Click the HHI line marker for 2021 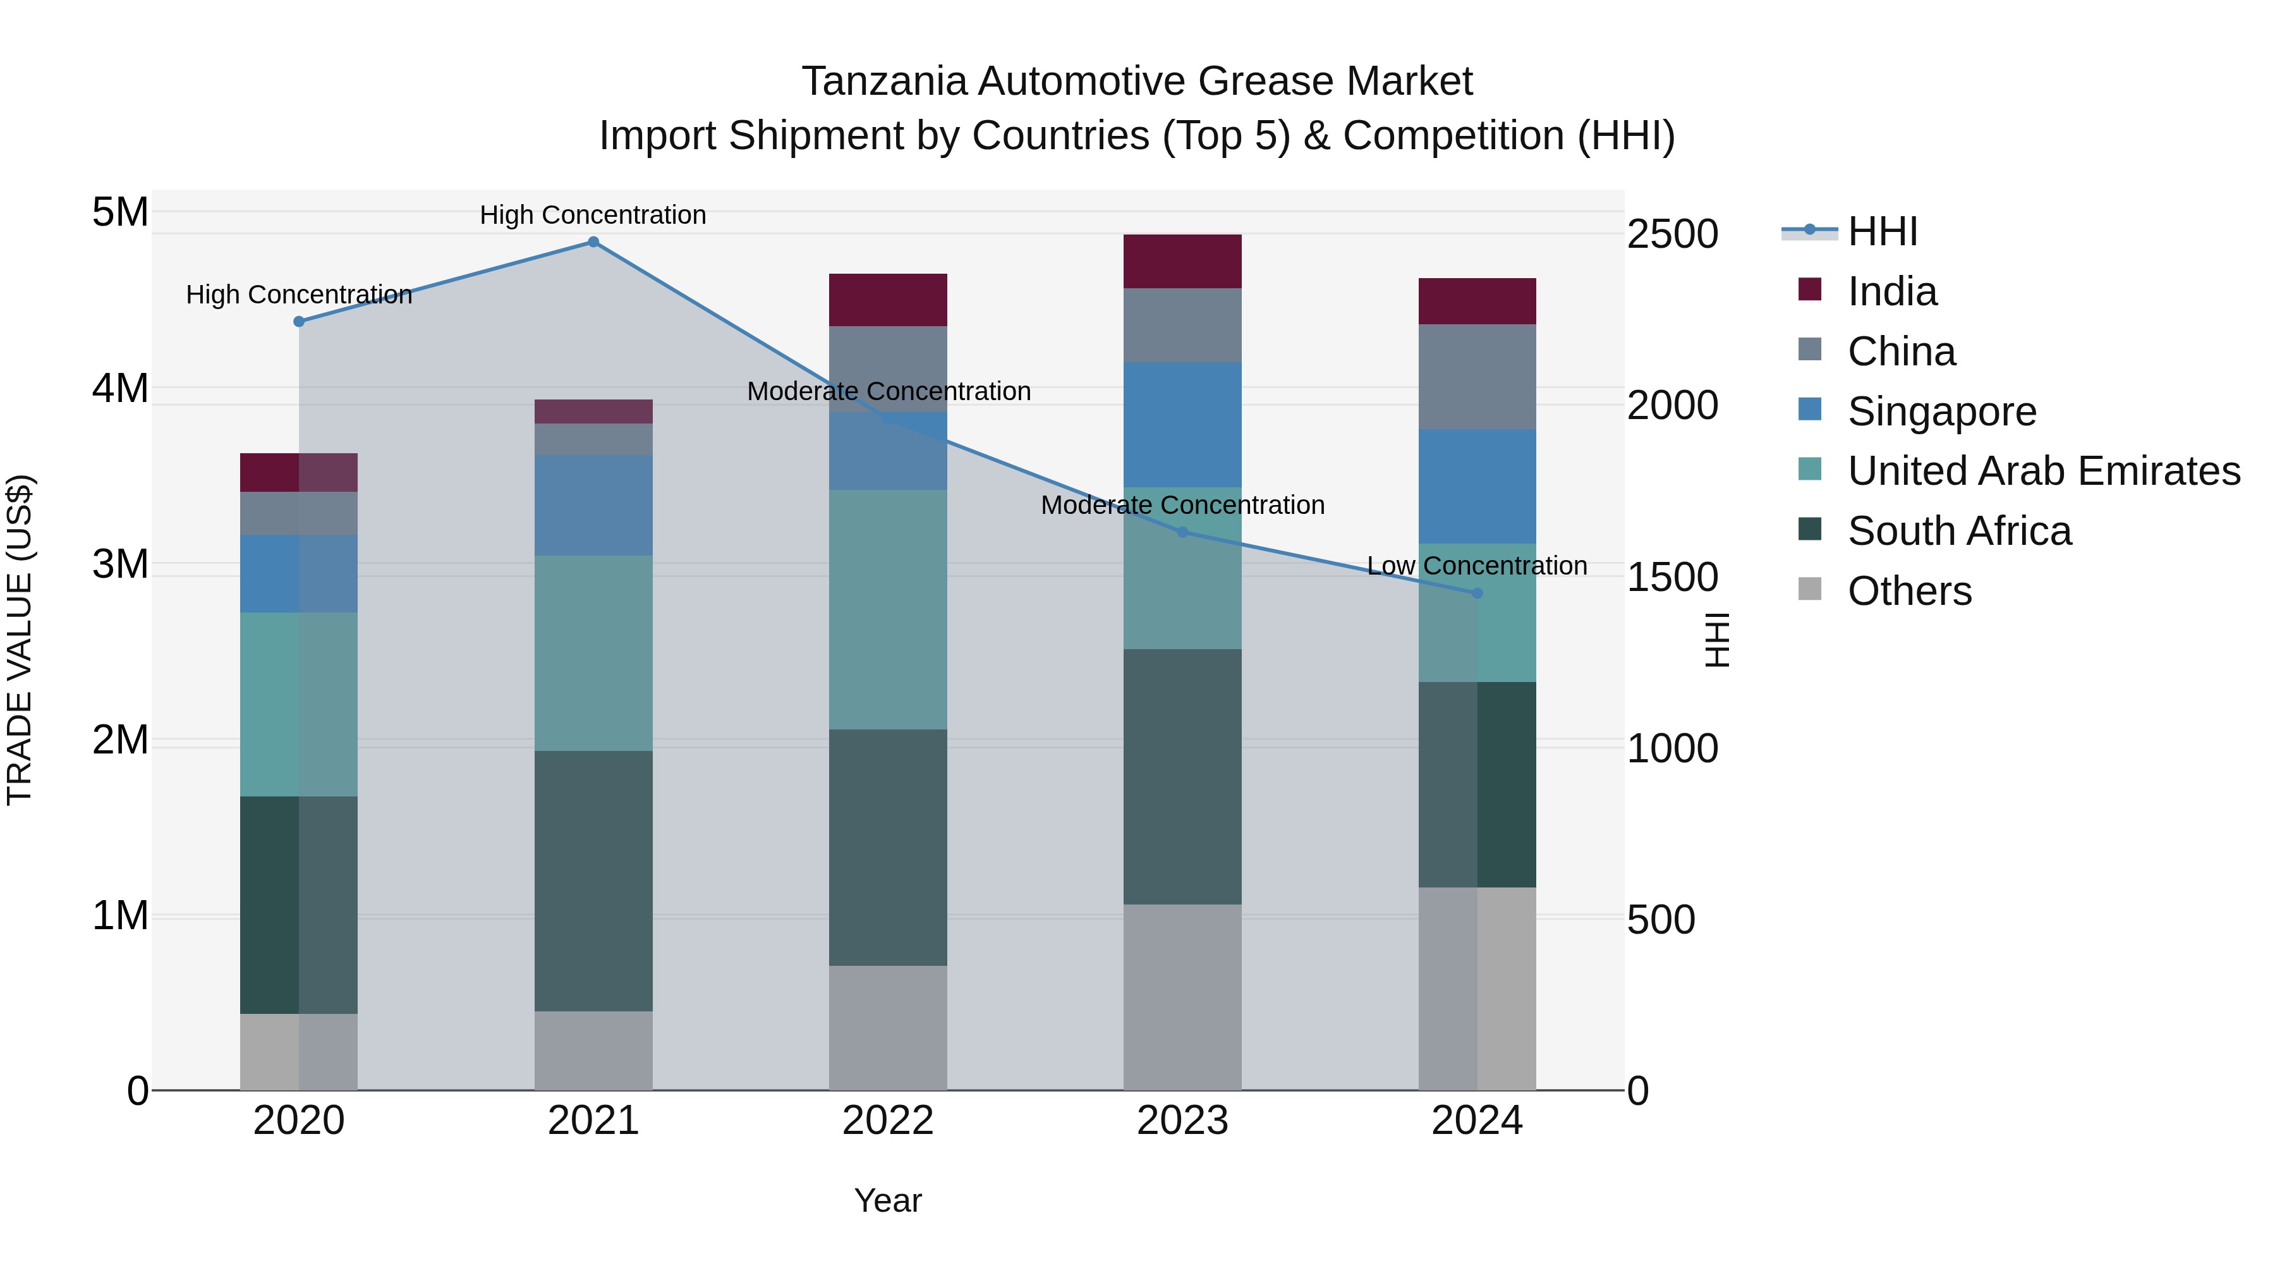pos(593,242)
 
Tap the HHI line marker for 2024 pos(1477,594)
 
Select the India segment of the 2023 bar pos(1182,262)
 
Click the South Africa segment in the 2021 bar pos(593,882)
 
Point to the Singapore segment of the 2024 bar pos(1477,487)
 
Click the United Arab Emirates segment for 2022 pos(888,609)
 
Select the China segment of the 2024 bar pos(1477,377)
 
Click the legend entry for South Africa pos(1959,532)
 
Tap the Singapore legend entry pos(1941,411)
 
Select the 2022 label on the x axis pos(888,1121)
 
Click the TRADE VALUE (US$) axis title pos(20,640)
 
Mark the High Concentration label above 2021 pos(593,216)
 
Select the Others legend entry pos(1909,592)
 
